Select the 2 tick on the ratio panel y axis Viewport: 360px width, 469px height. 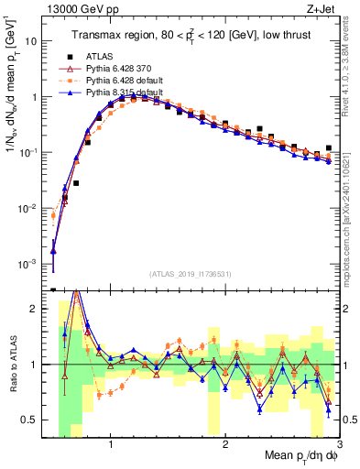35,309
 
